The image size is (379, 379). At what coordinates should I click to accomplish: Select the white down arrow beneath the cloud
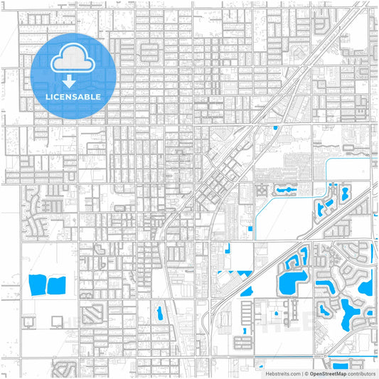click(74, 80)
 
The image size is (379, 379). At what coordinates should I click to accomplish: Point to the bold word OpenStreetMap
click(328, 373)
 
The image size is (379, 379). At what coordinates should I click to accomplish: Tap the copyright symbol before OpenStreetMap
click(306, 373)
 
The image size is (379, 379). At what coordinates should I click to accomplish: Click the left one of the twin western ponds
click(37, 285)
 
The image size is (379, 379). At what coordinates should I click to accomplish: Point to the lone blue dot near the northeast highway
click(275, 128)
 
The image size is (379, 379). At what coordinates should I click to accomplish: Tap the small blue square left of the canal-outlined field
click(251, 228)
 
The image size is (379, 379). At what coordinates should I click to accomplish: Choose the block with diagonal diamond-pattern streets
click(92, 314)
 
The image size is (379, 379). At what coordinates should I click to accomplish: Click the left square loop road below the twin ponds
click(28, 321)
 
